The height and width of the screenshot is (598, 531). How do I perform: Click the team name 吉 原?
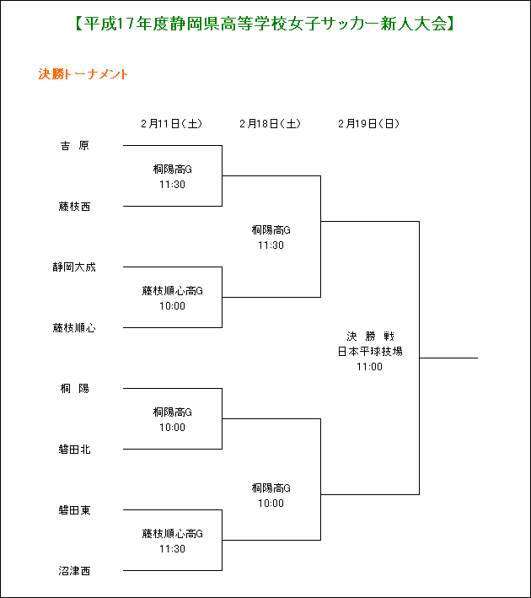75,146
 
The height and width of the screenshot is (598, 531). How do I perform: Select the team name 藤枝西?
75,207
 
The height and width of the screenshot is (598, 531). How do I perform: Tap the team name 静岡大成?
74,267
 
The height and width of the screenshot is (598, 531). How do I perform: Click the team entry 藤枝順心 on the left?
74,327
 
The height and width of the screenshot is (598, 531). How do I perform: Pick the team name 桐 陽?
75,388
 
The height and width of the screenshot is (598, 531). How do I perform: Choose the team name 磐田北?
75,450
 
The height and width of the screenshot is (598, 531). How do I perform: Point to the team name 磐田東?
75,510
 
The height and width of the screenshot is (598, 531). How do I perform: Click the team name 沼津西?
75,570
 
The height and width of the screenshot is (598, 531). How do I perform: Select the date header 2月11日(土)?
172,124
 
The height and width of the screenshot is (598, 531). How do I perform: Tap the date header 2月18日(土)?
271,124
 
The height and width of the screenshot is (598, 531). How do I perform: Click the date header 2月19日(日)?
368,124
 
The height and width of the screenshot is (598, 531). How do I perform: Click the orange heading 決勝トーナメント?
83,74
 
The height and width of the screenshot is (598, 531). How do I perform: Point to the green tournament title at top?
265,24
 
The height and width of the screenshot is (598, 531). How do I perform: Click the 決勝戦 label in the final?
370,336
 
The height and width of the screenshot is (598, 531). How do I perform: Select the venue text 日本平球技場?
370,351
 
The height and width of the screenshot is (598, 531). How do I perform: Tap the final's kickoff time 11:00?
369,367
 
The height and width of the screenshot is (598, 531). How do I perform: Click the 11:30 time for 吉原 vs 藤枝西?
172,184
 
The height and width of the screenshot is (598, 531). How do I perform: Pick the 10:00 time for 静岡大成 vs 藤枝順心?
172,306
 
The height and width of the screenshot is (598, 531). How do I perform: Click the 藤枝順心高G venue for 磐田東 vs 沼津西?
172,534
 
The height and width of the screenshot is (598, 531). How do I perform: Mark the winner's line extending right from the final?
448,358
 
